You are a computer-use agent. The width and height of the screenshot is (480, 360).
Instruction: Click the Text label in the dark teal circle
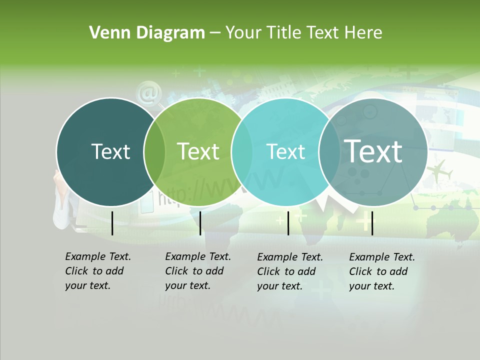(110, 151)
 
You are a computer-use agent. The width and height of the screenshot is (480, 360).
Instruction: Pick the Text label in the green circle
(198, 151)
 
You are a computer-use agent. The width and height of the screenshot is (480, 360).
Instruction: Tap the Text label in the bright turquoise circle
(285, 151)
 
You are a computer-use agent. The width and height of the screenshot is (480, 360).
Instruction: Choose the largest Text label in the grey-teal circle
(373, 151)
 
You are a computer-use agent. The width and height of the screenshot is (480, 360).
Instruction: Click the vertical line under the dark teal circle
(112, 223)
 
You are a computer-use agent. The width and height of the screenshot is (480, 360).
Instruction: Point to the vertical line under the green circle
(200, 223)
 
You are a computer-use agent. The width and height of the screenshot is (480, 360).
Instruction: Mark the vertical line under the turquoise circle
(288, 223)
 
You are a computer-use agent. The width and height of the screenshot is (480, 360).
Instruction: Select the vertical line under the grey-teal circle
(372, 223)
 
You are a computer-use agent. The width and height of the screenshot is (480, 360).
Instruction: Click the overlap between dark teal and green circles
(154, 152)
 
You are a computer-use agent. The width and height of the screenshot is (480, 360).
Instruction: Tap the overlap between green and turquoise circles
(242, 152)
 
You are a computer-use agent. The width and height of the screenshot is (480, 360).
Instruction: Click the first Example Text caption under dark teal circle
(97, 271)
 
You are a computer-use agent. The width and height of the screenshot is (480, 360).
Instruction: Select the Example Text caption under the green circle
(197, 271)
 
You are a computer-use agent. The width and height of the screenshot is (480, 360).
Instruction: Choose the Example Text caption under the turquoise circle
(289, 271)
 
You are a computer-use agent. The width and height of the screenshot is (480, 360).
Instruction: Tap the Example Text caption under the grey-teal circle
(381, 271)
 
